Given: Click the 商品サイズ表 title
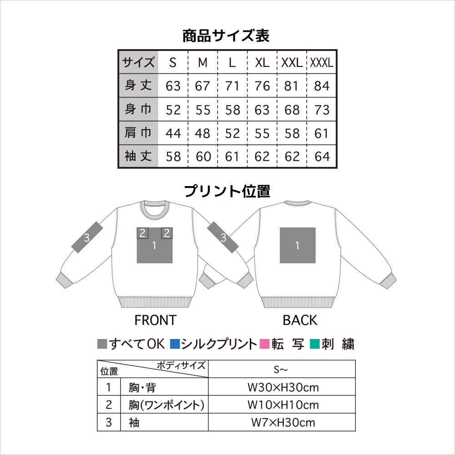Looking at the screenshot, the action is [226, 36].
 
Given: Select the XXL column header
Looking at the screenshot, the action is [292, 62].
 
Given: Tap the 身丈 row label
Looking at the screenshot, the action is [138, 86].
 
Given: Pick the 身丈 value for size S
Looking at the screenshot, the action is [173, 86].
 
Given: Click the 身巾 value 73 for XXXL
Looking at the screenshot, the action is [322, 110].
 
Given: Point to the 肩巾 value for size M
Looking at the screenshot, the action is [202, 133].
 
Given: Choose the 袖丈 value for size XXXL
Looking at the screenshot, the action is [322, 157].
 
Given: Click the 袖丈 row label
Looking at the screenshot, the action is [138, 156].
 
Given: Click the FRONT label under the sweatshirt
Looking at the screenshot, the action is [156, 320].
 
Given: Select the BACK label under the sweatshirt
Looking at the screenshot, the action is [300, 320].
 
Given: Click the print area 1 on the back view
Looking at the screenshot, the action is [298, 246].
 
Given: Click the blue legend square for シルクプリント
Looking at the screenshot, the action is [175, 344].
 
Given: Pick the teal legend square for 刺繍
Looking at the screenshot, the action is [315, 344].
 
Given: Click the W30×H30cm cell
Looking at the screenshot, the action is [283, 387].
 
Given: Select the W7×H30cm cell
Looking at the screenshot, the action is [283, 423].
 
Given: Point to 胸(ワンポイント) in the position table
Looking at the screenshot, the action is [167, 405].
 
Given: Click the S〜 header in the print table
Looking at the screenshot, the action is [280, 369].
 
